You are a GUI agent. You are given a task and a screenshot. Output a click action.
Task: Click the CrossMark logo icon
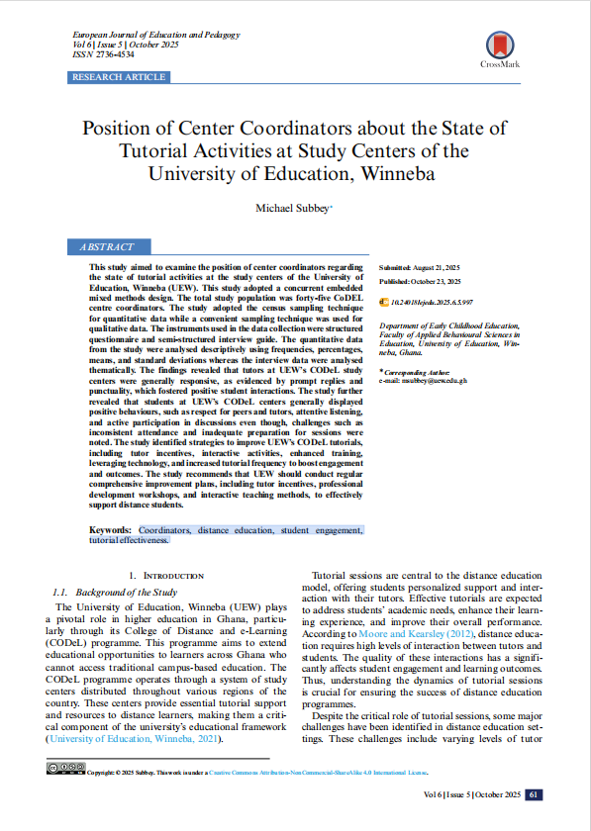pos(499,45)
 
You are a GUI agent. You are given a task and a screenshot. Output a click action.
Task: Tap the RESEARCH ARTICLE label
pos(119,77)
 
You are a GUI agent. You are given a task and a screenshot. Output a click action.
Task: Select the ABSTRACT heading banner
pos(112,247)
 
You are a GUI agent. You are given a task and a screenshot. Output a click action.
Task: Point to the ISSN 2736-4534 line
pos(103,55)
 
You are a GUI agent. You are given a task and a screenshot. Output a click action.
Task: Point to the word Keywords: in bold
pos(112,530)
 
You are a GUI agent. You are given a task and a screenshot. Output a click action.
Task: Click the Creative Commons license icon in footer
pos(65,767)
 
